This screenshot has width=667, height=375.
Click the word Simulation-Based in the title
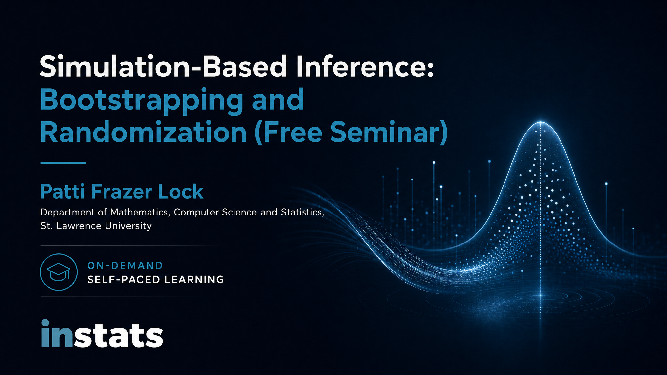tap(163, 66)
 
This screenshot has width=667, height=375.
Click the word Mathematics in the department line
tap(140, 212)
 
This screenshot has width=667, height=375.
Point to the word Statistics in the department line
tap(303, 212)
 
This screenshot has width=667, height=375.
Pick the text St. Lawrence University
tap(96, 226)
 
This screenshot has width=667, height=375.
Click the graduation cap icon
tap(59, 272)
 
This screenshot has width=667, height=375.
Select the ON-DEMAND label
tap(125, 266)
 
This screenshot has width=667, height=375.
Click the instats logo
tap(102, 334)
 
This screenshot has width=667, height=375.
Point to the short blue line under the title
tap(63, 163)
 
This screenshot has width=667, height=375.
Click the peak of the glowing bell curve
tap(541, 122)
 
